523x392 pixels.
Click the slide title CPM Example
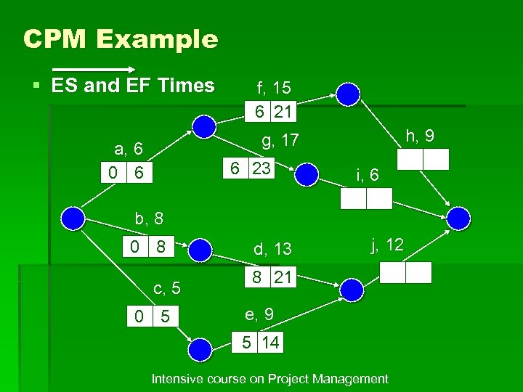coord(121,39)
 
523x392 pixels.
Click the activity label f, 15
coord(274,88)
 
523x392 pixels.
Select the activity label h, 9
coord(421,134)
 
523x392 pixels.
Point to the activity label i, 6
coord(367,174)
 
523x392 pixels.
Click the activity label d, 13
coord(272,249)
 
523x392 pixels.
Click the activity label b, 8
coord(150,218)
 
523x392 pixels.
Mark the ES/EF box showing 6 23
coord(250,168)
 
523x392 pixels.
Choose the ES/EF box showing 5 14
coord(259,342)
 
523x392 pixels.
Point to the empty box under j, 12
coord(406,272)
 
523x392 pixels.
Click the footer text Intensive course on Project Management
coord(269,379)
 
